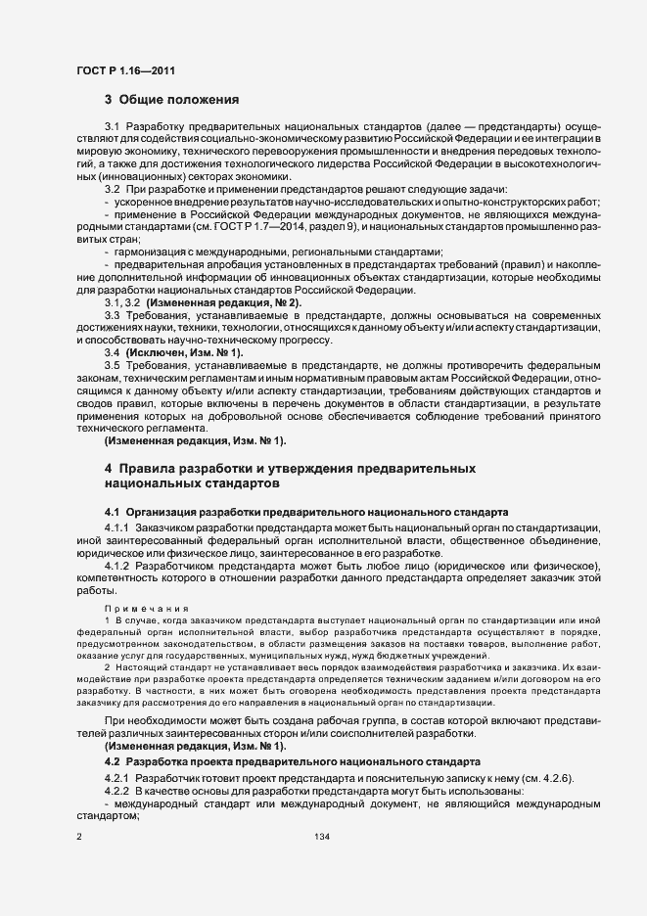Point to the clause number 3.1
click(x=112, y=128)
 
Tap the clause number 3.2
click(x=112, y=188)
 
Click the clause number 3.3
click(x=112, y=315)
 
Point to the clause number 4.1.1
click(x=117, y=527)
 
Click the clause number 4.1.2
click(x=117, y=566)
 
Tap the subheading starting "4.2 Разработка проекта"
click(x=292, y=760)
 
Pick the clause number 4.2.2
click(x=117, y=790)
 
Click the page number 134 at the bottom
click(x=322, y=838)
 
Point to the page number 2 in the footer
click(x=79, y=838)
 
